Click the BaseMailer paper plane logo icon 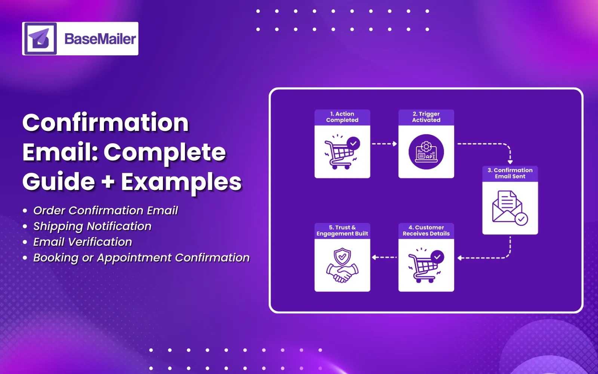[40, 39]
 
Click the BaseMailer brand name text [100, 39]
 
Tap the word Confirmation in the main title [106, 123]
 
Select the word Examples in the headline [181, 182]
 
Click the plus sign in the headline [108, 182]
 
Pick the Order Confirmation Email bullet [105, 211]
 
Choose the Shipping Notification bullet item [92, 226]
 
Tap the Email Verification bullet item [83, 242]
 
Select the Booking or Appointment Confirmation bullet [141, 258]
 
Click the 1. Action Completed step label [342, 117]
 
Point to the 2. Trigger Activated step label [426, 117]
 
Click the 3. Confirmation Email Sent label [510, 173]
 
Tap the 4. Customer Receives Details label [426, 230]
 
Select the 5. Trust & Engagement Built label [342, 230]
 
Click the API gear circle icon [426, 152]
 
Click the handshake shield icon [342, 266]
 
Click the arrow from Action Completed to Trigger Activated [384, 144]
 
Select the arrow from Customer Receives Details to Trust [384, 257]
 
